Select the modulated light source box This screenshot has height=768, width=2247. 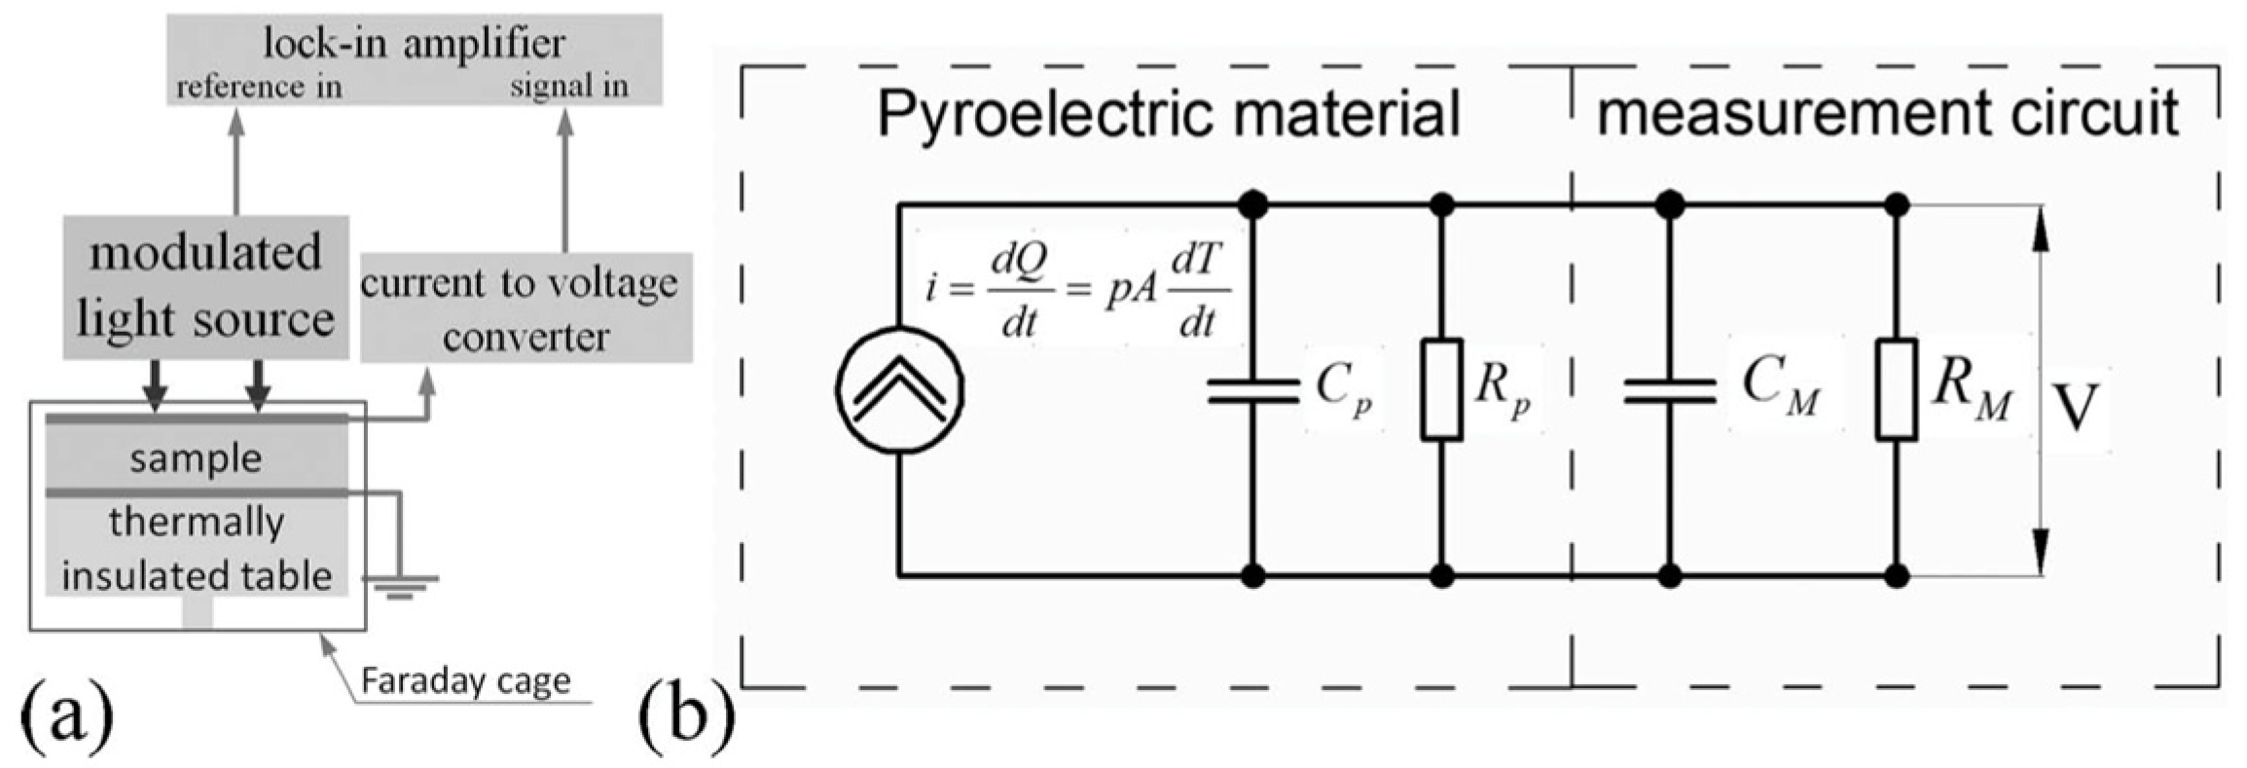click(x=205, y=286)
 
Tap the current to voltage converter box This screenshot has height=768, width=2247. click(x=526, y=308)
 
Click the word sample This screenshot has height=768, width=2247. click(x=196, y=458)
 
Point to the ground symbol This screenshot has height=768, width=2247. click(x=400, y=585)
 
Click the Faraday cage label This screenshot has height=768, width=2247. click(x=465, y=680)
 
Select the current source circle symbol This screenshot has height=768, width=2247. click(x=899, y=389)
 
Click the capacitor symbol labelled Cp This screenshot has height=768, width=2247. click(x=1252, y=389)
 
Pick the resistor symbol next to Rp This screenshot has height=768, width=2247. click(x=1441, y=389)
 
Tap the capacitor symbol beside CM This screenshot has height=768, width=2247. click(x=1669, y=389)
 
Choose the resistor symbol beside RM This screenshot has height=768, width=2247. click(x=1896, y=389)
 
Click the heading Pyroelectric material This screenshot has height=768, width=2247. click(x=1168, y=113)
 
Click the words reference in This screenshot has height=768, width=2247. click(x=259, y=88)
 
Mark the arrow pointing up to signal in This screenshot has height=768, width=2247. click(x=565, y=180)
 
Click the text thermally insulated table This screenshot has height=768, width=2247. click(x=196, y=549)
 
